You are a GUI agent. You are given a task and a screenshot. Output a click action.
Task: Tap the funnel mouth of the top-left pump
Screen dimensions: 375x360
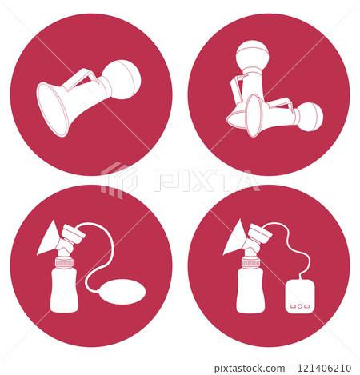[54, 110]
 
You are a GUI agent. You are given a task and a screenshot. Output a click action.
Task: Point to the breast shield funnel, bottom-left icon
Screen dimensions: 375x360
[48, 239]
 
